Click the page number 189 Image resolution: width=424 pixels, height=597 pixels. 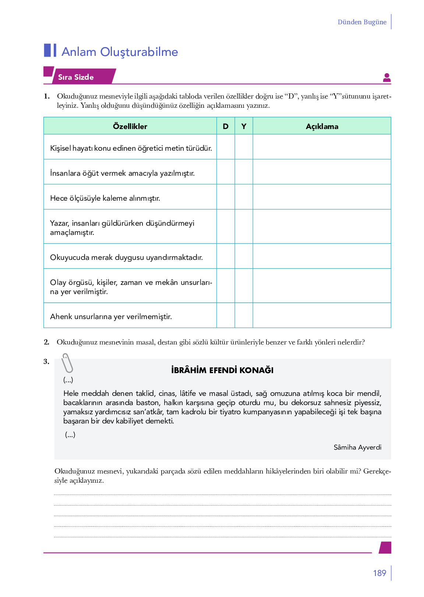coord(379,573)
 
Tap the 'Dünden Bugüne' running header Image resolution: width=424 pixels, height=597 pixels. coord(362,22)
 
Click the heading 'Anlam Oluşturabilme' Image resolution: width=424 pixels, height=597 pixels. coord(120,52)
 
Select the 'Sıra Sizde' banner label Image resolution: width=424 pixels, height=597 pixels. coord(76,77)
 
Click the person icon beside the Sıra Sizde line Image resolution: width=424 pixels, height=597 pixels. coord(386,78)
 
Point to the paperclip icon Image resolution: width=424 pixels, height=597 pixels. coord(67,363)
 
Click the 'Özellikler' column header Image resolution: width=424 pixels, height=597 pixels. coord(130,126)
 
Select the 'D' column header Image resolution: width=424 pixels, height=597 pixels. coord(226,126)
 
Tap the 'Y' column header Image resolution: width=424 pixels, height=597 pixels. coord(244,126)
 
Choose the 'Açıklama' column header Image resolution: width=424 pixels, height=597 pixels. coord(322,126)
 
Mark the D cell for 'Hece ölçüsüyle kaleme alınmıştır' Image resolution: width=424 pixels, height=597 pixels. coord(226,197)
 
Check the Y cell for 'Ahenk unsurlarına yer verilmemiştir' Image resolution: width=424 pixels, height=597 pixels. coord(244,315)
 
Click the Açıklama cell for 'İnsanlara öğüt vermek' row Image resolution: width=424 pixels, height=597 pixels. coord(322,172)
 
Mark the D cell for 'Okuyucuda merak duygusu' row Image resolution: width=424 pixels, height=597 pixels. coord(226,256)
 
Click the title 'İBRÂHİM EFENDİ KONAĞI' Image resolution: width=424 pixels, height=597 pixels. coord(222,370)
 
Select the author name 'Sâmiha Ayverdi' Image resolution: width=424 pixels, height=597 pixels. coord(357,447)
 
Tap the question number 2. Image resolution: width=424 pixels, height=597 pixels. coord(46,342)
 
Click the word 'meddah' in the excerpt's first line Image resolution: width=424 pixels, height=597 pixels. coord(95,393)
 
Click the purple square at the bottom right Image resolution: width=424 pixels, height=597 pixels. coord(385,547)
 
